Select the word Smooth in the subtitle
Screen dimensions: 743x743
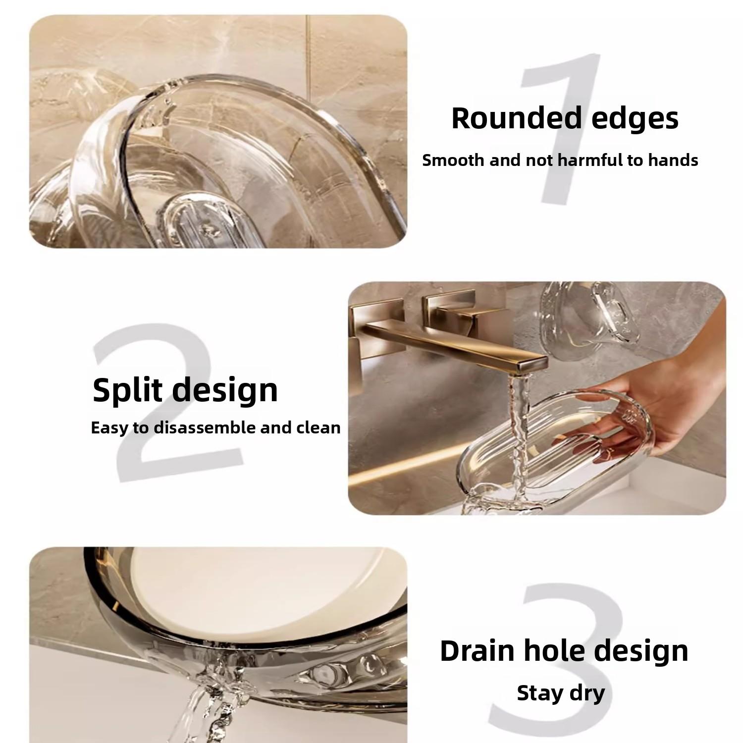tap(453, 160)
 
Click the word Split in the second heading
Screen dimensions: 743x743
tap(127, 390)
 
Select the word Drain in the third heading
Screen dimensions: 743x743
tap(478, 651)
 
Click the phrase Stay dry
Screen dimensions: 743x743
tap(561, 693)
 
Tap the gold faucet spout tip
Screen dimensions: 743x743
tap(532, 365)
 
